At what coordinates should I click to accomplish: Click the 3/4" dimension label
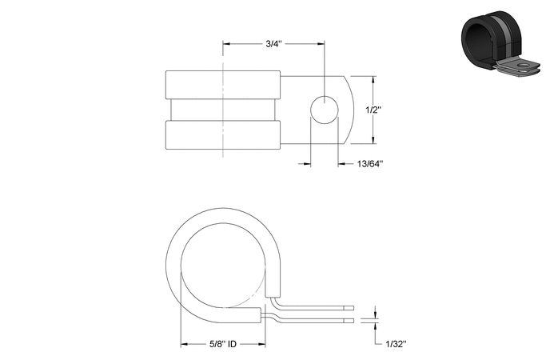click(x=273, y=44)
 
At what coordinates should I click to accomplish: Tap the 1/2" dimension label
click(x=373, y=110)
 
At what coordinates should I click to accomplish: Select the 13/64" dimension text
click(x=370, y=163)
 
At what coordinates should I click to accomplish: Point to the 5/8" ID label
click(x=223, y=344)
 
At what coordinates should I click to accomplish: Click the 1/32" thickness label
click(x=396, y=344)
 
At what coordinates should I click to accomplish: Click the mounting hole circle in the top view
click(x=325, y=110)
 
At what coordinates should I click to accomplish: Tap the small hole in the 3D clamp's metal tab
click(x=522, y=65)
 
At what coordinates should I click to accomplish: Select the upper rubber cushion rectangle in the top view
click(x=223, y=85)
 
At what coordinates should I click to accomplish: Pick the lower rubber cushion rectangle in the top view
click(x=223, y=135)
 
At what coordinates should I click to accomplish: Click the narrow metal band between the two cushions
click(x=223, y=110)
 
